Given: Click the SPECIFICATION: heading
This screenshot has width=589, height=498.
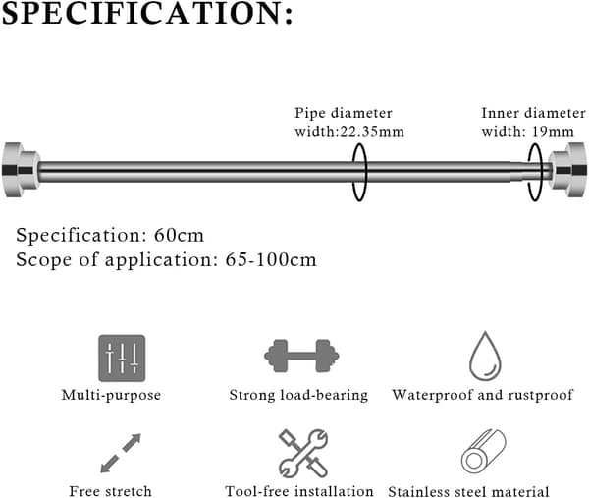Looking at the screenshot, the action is tap(147, 13).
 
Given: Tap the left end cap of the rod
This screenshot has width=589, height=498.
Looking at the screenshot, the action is tap(21, 170).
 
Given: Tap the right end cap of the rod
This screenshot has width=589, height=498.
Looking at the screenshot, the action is tap(566, 170).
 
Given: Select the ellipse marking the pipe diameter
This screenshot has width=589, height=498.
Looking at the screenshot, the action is tap(352, 172).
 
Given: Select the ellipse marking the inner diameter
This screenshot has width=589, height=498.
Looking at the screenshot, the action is tap(528, 172).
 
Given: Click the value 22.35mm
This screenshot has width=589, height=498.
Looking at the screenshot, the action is tap(372, 132).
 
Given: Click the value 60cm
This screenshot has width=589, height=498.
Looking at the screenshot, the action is tap(179, 236).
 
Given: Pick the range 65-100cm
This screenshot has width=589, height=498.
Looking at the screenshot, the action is tap(271, 259).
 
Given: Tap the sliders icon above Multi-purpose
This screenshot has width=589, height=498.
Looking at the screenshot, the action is tap(122, 359).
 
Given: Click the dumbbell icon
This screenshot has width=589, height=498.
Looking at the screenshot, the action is tap(301, 356).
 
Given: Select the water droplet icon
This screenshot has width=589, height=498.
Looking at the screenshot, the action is tap(485, 356).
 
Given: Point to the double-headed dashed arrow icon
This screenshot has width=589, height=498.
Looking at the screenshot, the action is tap(121, 453).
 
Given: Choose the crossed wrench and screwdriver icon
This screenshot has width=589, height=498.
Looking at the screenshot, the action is tap(303, 453).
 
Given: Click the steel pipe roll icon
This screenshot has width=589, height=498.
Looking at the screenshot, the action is tap(483, 452).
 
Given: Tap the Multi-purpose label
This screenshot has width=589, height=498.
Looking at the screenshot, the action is tap(111, 395).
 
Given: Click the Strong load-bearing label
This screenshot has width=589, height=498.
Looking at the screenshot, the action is tap(298, 395).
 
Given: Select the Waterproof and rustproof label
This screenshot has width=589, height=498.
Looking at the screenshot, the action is tap(483, 395).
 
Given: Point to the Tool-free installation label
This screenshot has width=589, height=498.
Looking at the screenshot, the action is tap(299, 491).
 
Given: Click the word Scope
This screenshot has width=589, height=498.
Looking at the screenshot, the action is tap(43, 259).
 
